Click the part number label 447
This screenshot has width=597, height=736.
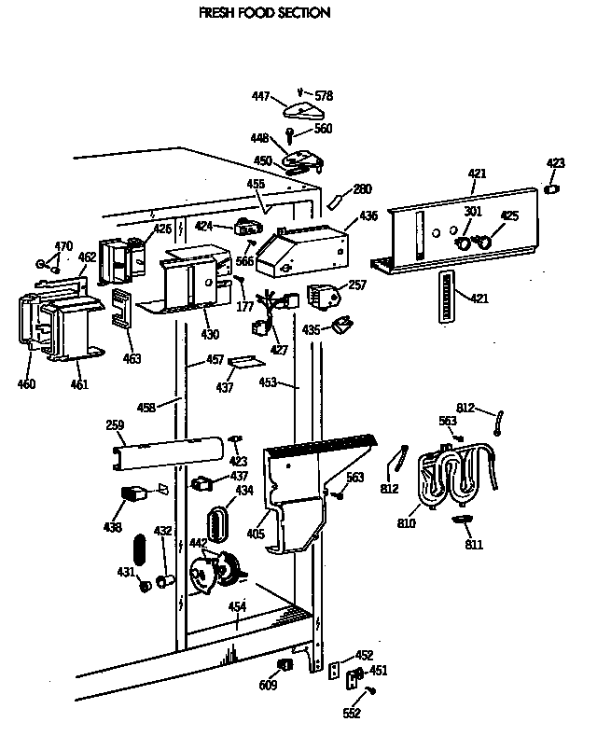click(x=262, y=96)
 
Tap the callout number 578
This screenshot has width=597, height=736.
click(x=324, y=96)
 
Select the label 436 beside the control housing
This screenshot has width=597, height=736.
click(x=368, y=215)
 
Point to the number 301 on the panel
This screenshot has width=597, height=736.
click(x=473, y=212)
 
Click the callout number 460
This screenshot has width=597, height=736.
click(x=26, y=383)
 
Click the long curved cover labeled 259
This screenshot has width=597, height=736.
click(x=168, y=451)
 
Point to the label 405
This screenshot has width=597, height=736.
click(x=256, y=535)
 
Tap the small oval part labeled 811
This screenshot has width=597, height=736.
click(x=464, y=520)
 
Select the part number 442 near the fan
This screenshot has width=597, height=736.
click(x=198, y=543)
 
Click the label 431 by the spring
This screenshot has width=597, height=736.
click(x=126, y=572)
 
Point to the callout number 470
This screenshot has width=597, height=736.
click(x=62, y=246)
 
